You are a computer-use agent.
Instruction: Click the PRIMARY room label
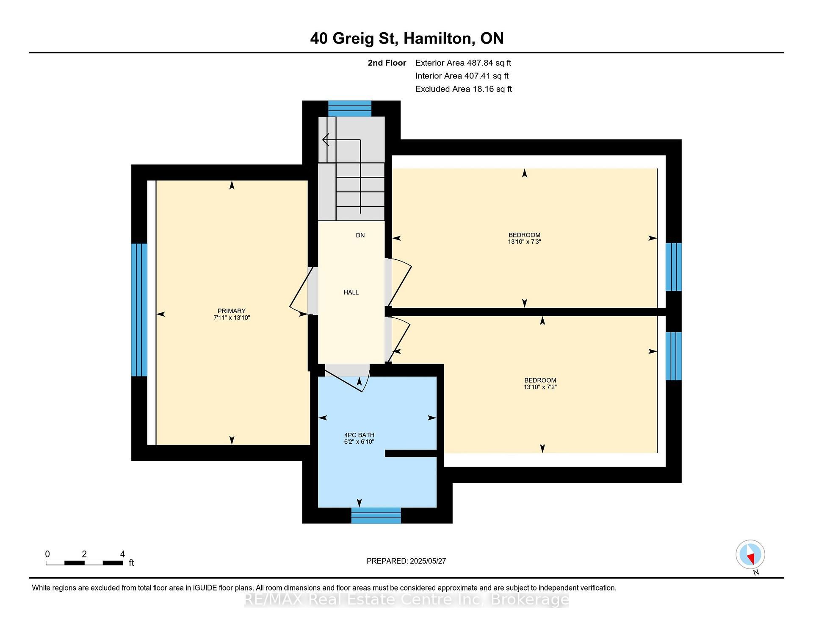click(232, 311)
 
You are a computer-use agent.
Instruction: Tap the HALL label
click(351, 292)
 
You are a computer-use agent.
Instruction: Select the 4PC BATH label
click(359, 435)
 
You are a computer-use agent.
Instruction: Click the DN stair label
click(360, 235)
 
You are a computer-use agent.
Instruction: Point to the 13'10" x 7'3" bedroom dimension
click(525, 242)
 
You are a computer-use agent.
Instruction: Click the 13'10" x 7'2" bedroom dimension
click(540, 387)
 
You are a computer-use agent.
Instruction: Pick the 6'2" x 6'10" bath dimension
click(359, 442)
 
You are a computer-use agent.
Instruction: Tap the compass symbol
click(750, 554)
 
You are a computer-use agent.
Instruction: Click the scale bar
click(84, 563)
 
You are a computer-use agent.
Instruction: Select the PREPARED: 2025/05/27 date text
click(406, 561)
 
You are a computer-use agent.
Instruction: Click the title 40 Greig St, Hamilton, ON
click(407, 38)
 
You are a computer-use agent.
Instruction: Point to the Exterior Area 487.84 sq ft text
click(463, 63)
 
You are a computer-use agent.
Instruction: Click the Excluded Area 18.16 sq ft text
click(464, 89)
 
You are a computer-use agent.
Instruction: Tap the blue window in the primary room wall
click(139, 310)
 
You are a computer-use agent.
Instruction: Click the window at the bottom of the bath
click(376, 515)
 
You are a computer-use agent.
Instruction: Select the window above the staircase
click(350, 109)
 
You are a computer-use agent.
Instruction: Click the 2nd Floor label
click(387, 63)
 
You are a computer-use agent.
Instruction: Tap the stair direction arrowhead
click(325, 139)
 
